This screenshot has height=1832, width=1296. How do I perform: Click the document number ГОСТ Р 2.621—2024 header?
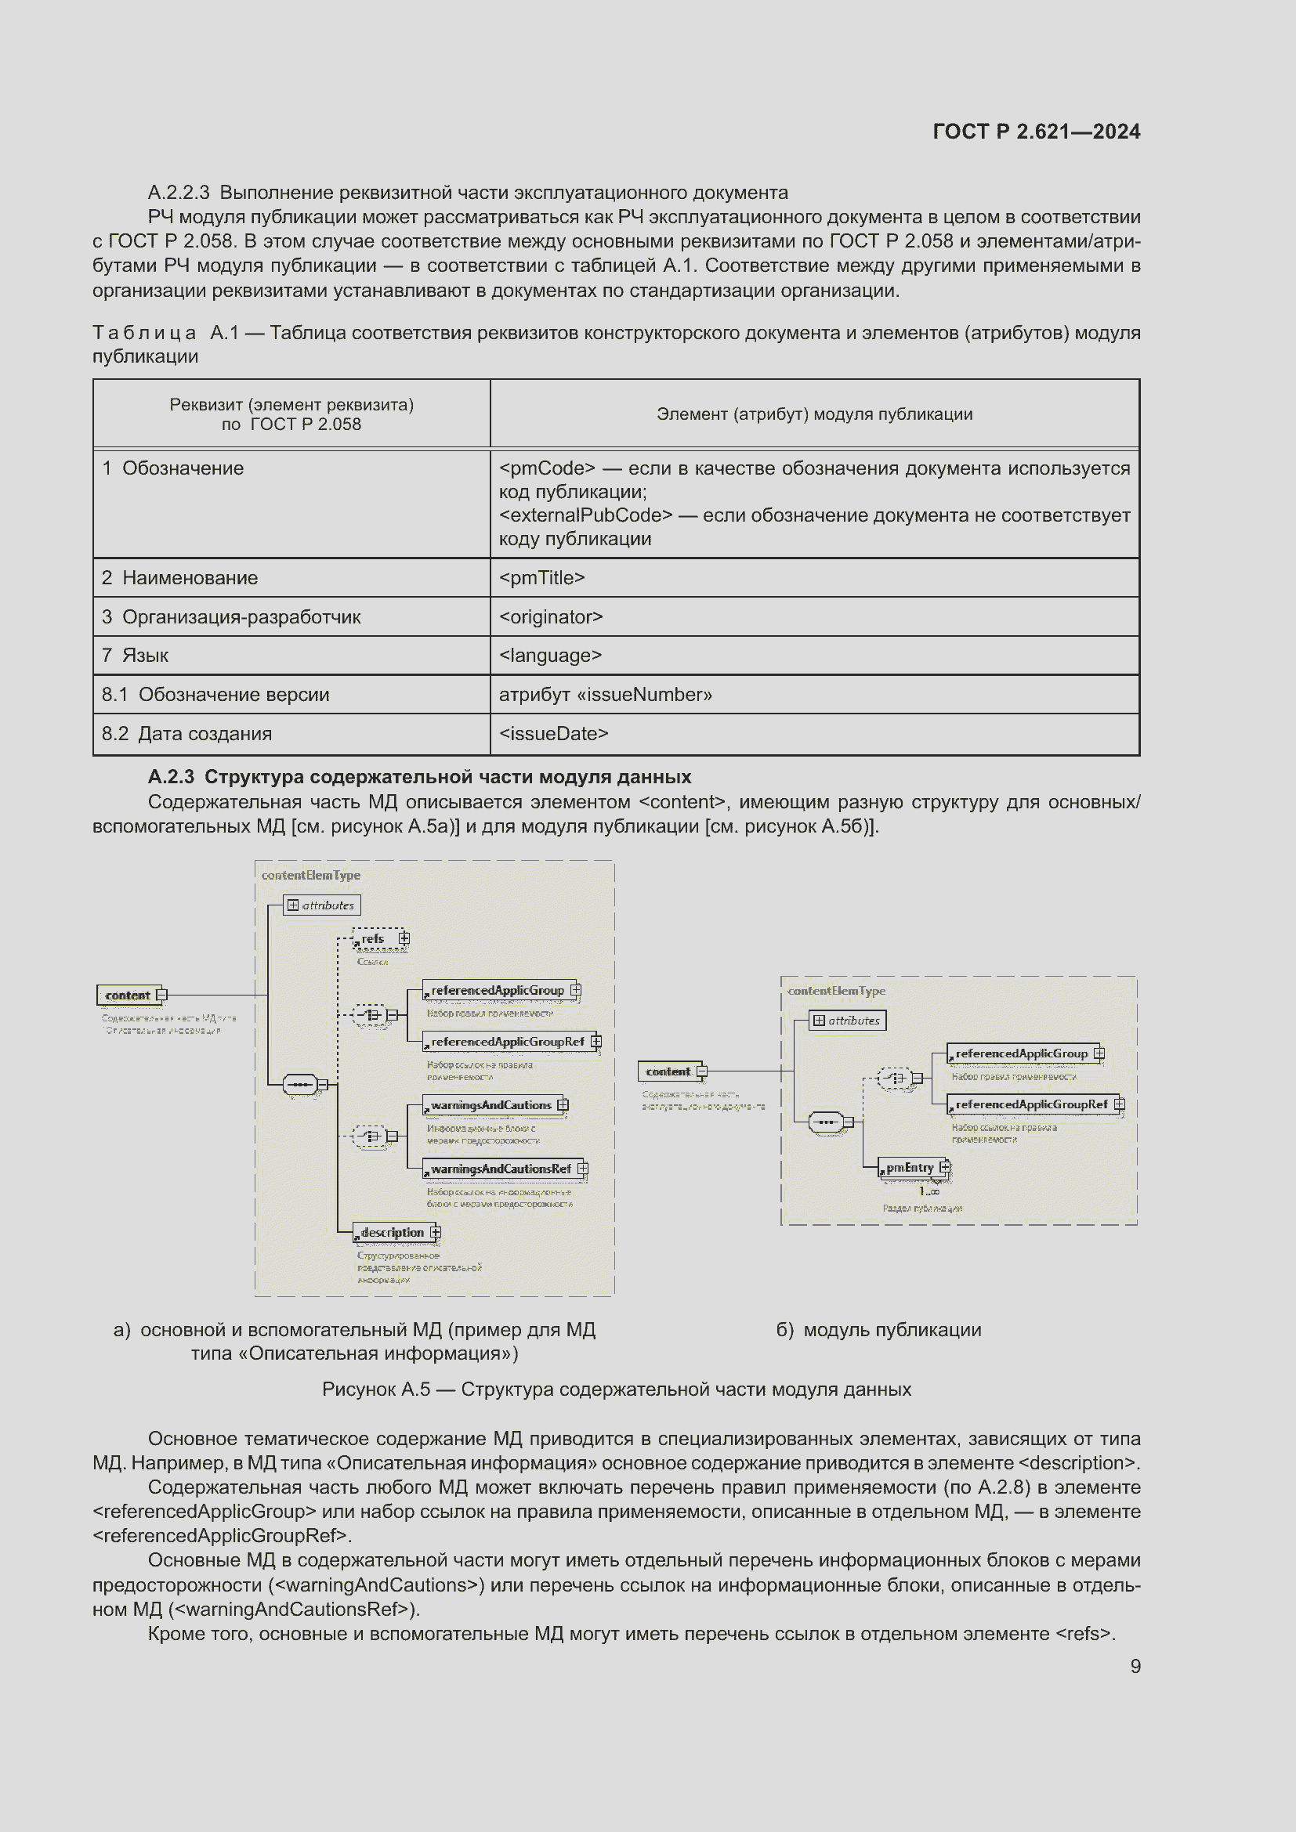tap(1036, 132)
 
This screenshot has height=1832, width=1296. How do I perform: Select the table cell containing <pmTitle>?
tap(814, 578)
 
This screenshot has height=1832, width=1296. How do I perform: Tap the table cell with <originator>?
tap(814, 616)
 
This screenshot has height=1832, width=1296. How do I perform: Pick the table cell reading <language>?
tap(814, 655)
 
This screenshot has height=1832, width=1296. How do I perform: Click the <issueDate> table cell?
tap(814, 733)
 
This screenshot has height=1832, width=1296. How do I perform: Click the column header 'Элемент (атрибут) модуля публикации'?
tap(814, 414)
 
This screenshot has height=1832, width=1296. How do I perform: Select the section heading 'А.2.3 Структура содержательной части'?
tap(420, 776)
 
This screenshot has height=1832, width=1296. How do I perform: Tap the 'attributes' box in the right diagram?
tap(847, 1021)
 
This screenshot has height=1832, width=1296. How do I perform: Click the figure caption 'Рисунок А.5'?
tap(616, 1389)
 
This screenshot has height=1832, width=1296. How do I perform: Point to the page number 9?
tap(1135, 1666)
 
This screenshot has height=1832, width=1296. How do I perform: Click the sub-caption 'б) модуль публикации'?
tap(878, 1330)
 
